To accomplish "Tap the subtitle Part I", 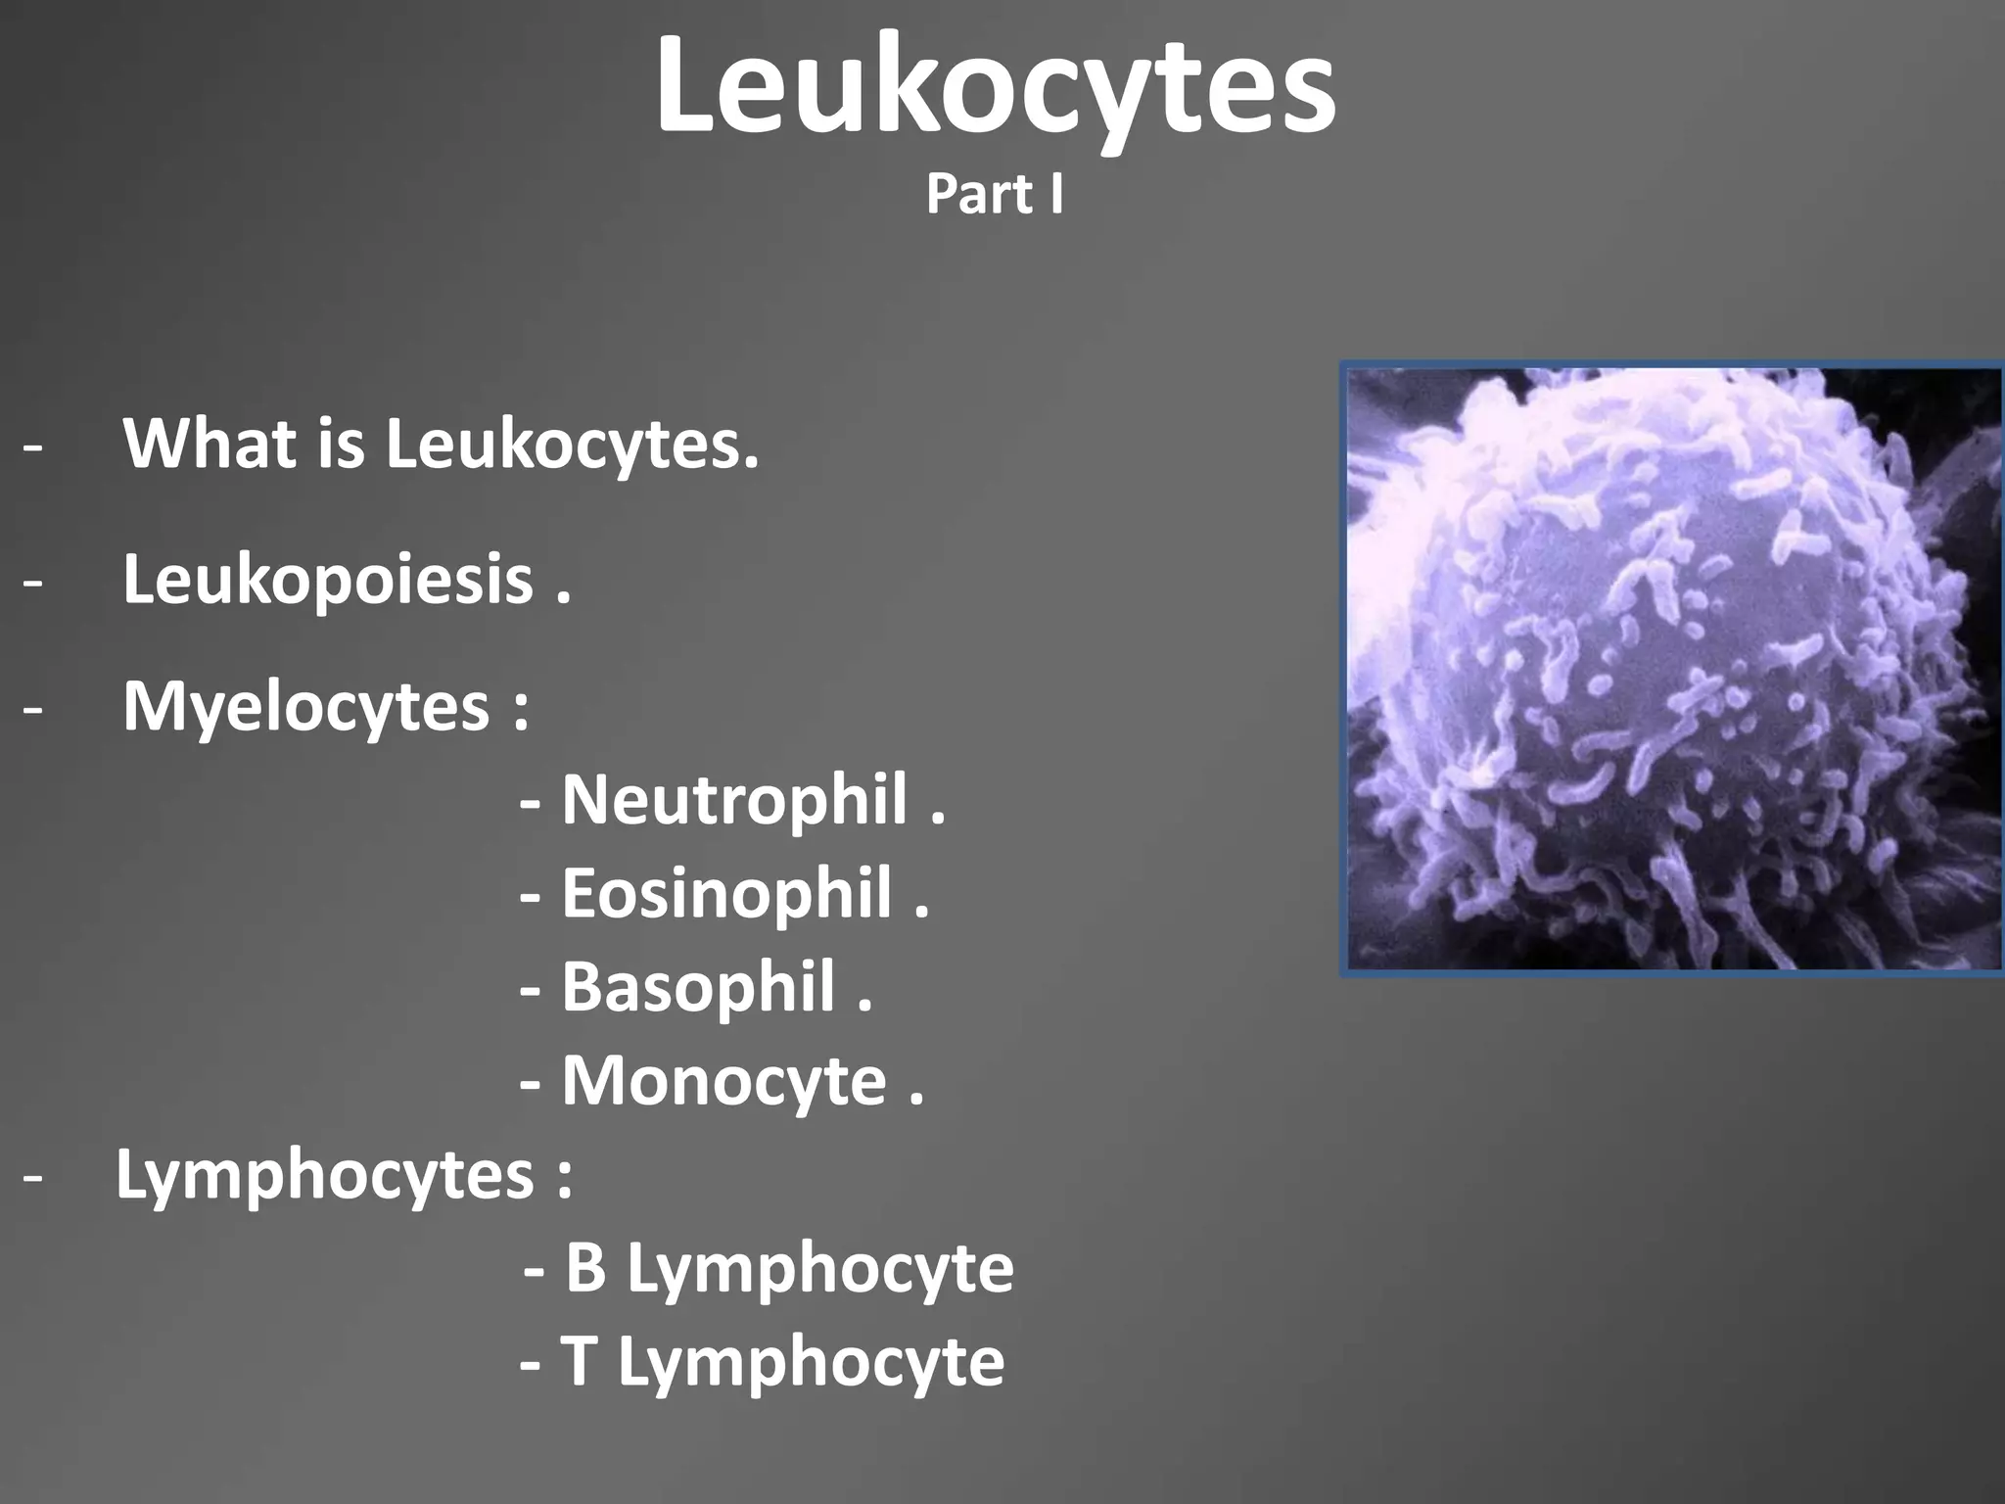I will pyautogui.click(x=995, y=194).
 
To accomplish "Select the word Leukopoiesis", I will pyautogui.click(x=328, y=580).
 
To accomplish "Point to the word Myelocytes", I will pyautogui.click(x=305, y=707).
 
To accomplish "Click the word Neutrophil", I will pyautogui.click(x=734, y=800).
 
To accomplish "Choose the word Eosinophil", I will pyautogui.click(x=726, y=894).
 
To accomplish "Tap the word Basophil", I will pyautogui.click(x=698, y=987).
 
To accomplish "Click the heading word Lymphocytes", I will pyautogui.click(x=325, y=1174).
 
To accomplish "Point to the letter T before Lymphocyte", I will pyautogui.click(x=579, y=1361).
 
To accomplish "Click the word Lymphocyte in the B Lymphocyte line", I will pyautogui.click(x=819, y=1269).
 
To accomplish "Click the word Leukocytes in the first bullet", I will pyautogui.click(x=571, y=444).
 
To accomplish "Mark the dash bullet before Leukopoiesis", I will pyautogui.click(x=33, y=582).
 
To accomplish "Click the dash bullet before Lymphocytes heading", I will pyautogui.click(x=33, y=1176).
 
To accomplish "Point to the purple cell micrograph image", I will pyautogui.click(x=1672, y=670).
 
